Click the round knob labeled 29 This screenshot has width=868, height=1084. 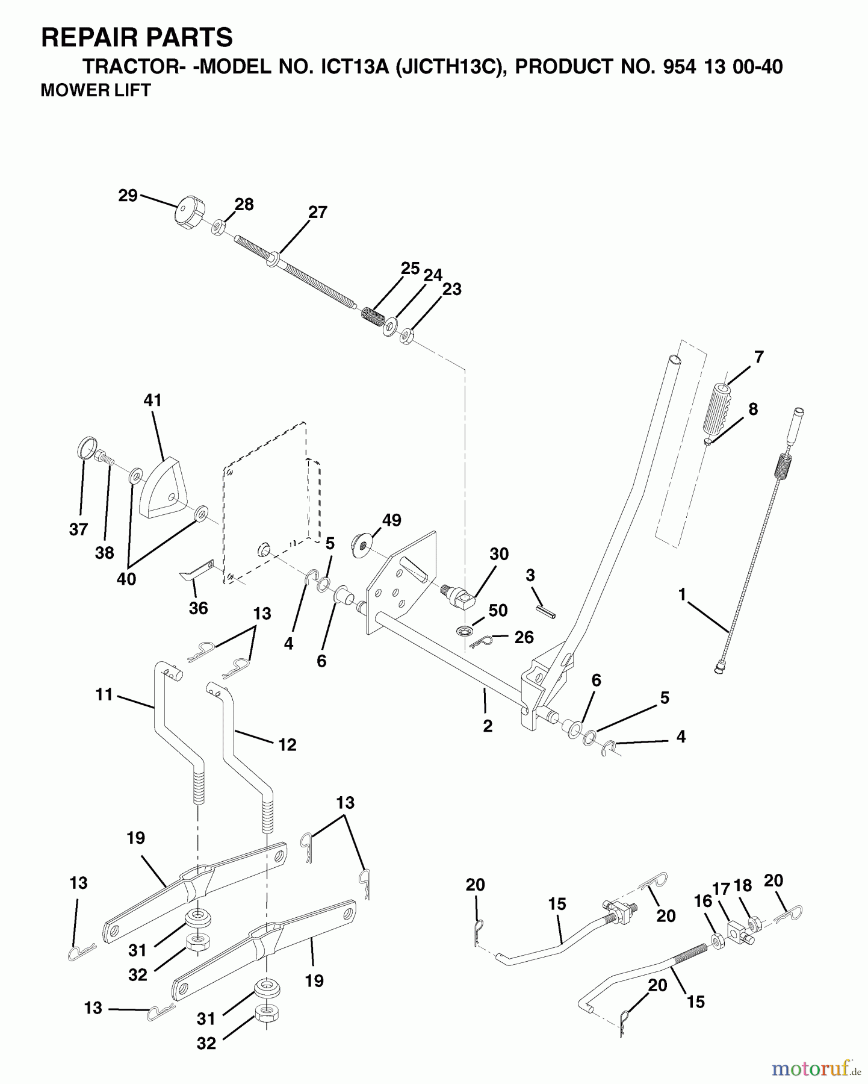click(188, 212)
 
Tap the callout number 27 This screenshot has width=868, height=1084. click(317, 213)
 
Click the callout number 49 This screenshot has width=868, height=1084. click(392, 520)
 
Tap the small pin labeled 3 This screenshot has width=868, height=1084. click(547, 610)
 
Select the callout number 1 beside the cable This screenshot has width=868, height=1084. click(682, 594)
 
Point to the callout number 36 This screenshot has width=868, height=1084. click(198, 608)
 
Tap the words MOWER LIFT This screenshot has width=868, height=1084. click(95, 90)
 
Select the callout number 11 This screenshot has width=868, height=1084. click(104, 694)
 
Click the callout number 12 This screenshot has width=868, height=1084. click(288, 745)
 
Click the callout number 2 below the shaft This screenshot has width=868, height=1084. click(488, 726)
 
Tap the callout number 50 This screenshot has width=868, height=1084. click(498, 611)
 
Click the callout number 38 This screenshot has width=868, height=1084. click(104, 553)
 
